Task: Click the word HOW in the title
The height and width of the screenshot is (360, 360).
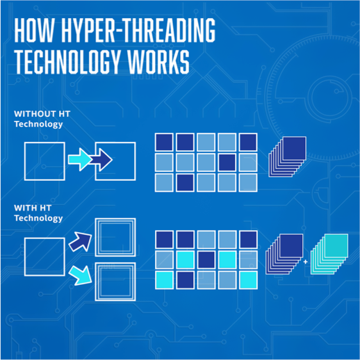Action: point(34,30)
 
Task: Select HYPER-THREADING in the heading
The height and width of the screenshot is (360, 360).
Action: point(138,30)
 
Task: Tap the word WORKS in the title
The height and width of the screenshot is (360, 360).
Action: point(158,62)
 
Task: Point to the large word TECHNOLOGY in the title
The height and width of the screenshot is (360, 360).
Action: point(67,62)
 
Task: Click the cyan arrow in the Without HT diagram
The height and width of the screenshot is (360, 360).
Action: point(79,159)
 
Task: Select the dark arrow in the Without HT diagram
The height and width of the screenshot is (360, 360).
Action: point(101,160)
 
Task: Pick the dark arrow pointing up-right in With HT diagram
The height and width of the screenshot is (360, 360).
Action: point(81,242)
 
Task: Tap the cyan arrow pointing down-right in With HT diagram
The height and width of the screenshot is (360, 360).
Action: point(81,275)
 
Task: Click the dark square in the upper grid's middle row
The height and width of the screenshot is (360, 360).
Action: point(227,162)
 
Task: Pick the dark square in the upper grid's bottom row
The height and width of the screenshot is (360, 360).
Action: point(185,183)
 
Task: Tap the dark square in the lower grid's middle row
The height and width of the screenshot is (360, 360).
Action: point(206,260)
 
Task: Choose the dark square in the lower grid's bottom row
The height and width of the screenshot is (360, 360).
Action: point(185,280)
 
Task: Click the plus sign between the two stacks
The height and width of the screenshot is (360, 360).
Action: point(306,262)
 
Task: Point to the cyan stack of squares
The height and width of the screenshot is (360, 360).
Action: point(329,254)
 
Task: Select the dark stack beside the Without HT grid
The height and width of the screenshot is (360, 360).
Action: point(288,157)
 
